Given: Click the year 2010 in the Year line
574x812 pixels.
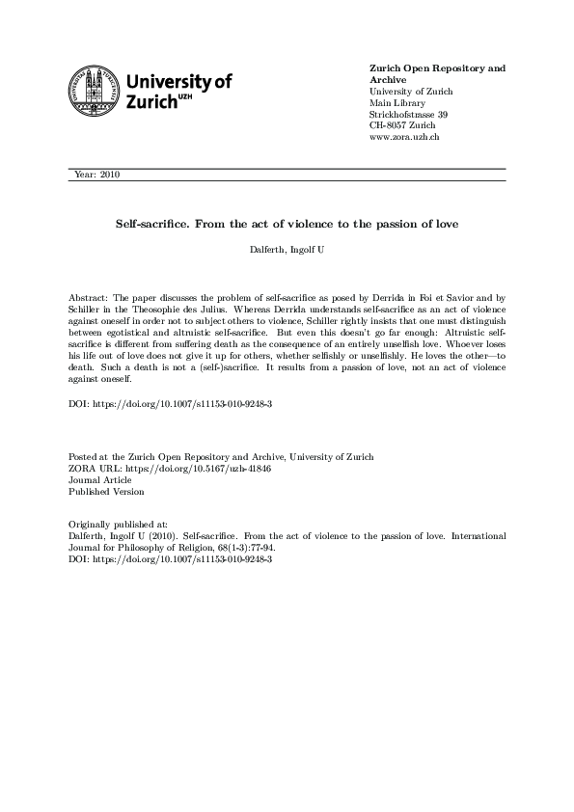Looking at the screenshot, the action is [109, 175].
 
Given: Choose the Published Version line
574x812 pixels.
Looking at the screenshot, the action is [107, 491].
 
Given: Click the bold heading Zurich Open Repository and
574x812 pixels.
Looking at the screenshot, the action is [437, 68].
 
